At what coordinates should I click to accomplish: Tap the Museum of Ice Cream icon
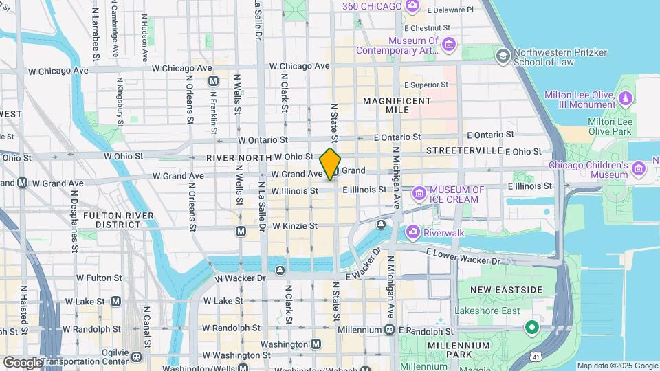[x=419, y=195]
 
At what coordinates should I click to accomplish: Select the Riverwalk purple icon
[x=412, y=232]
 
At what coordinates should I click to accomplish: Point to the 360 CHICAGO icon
[x=412, y=6]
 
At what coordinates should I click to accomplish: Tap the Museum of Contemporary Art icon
[x=449, y=45]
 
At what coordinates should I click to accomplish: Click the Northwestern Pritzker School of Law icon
[x=503, y=55]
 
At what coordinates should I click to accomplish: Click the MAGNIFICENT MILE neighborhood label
[x=397, y=105]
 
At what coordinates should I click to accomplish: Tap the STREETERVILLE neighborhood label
[x=464, y=150]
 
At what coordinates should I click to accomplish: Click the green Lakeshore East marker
[x=531, y=327]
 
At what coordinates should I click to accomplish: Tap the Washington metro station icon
[x=316, y=344]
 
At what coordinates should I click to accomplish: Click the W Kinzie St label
[x=294, y=225]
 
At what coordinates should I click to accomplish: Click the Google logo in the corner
[x=22, y=362]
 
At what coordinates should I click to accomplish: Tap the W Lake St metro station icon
[x=115, y=301]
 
